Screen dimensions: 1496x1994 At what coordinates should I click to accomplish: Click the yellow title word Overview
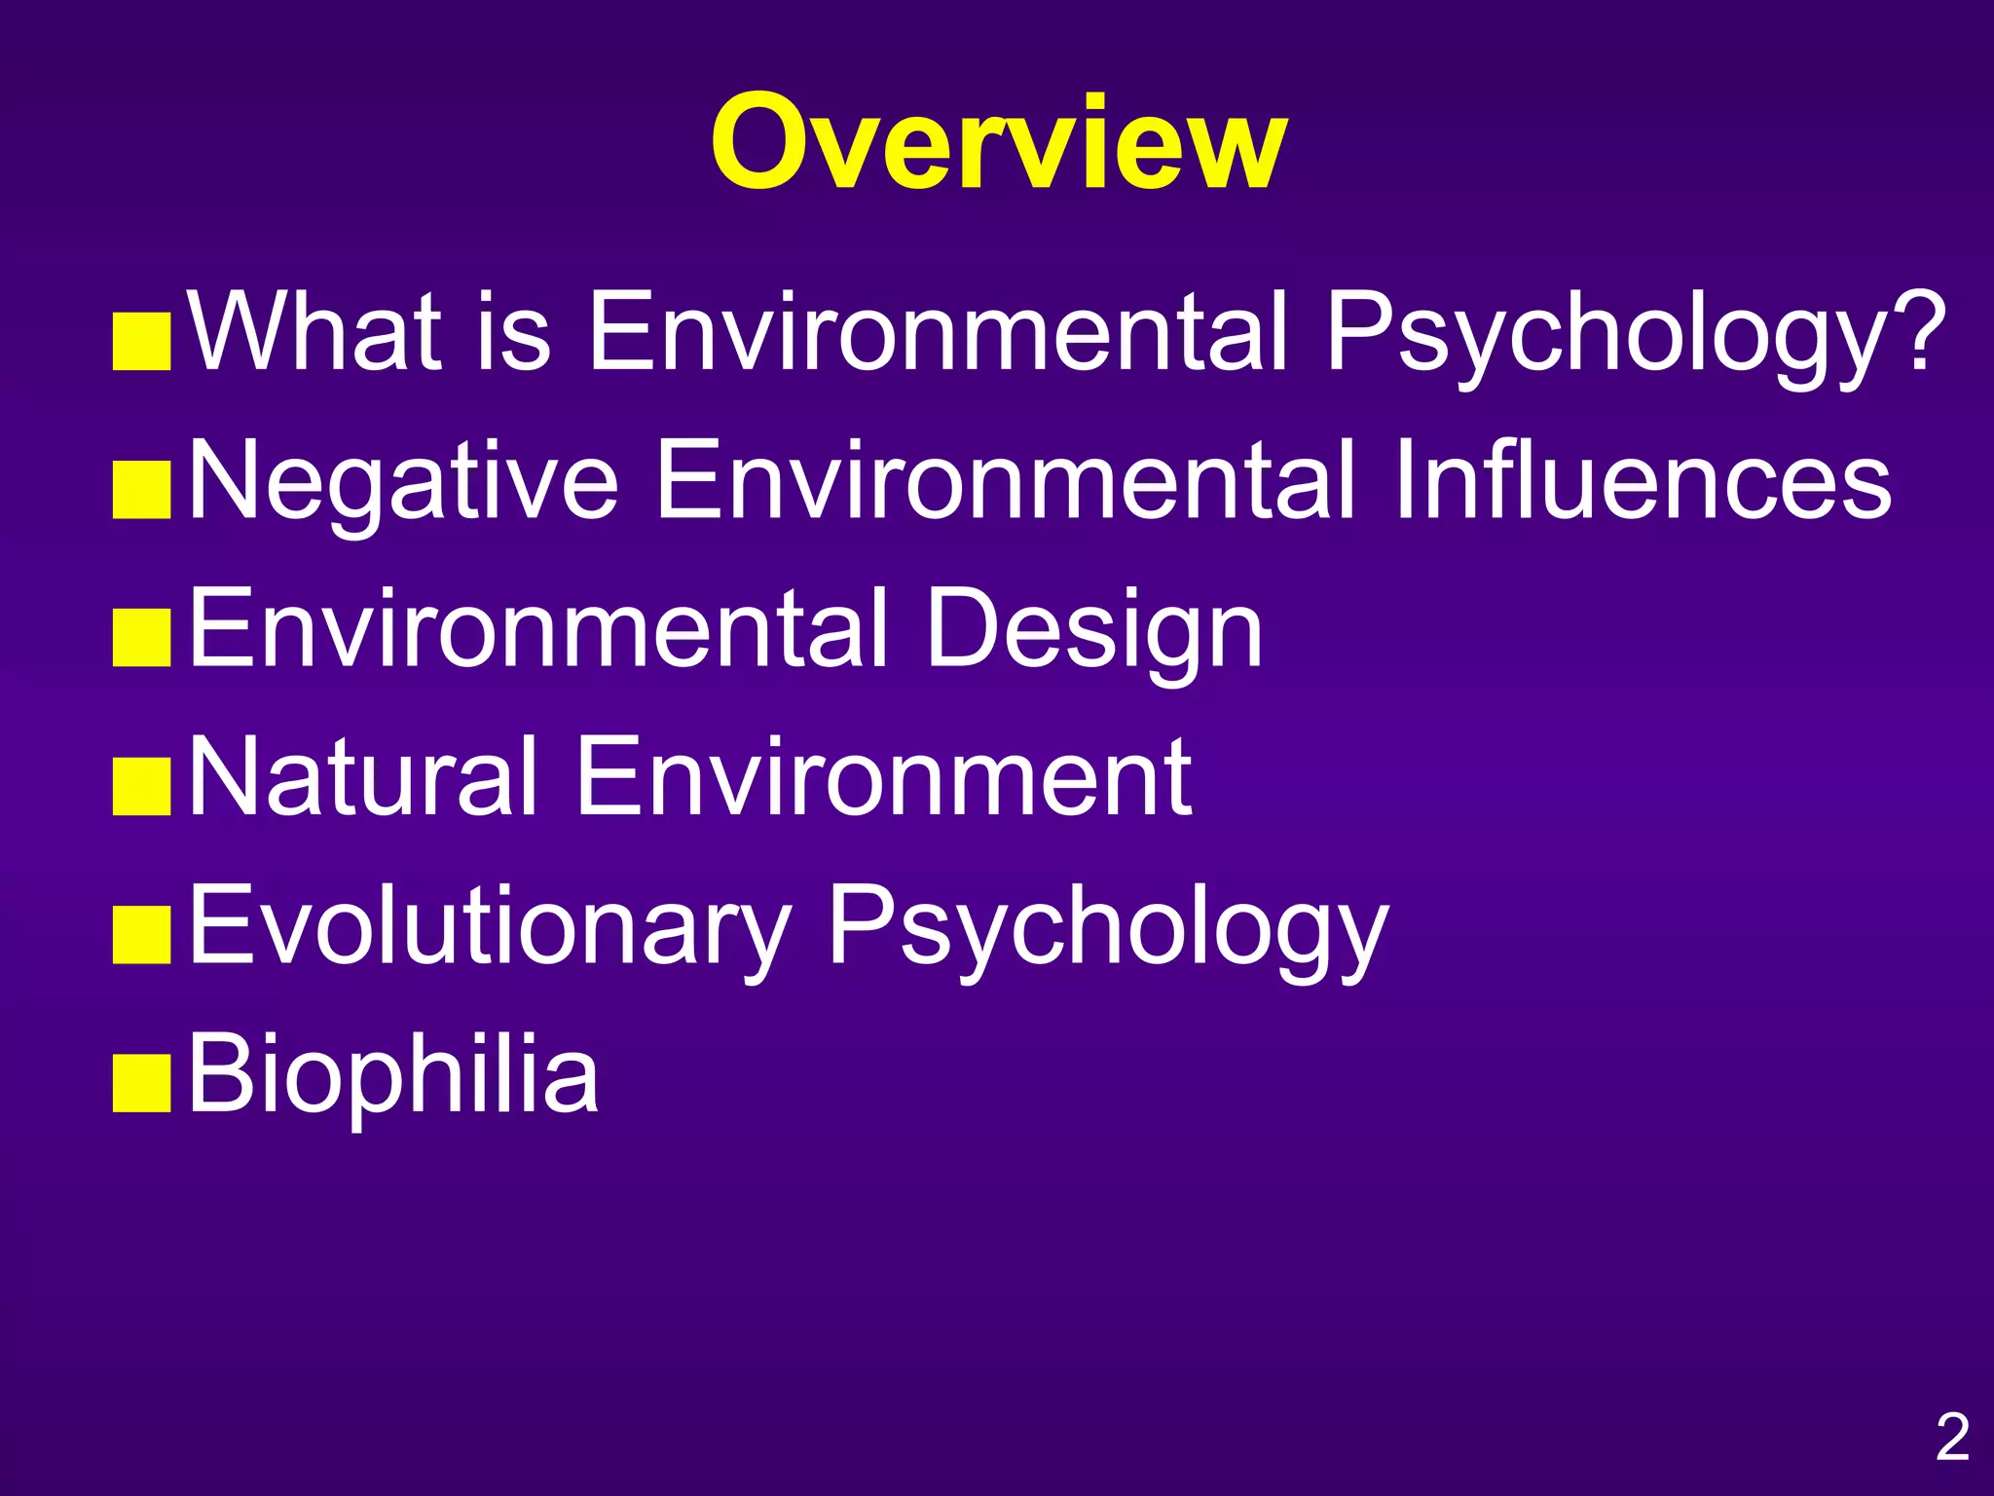point(998,144)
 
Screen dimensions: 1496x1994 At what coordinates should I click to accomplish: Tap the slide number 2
point(1951,1437)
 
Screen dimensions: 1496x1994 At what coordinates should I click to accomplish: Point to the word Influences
point(1642,481)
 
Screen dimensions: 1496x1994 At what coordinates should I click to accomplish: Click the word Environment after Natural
point(884,777)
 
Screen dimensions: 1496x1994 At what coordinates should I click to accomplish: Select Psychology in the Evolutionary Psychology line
point(1107,927)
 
